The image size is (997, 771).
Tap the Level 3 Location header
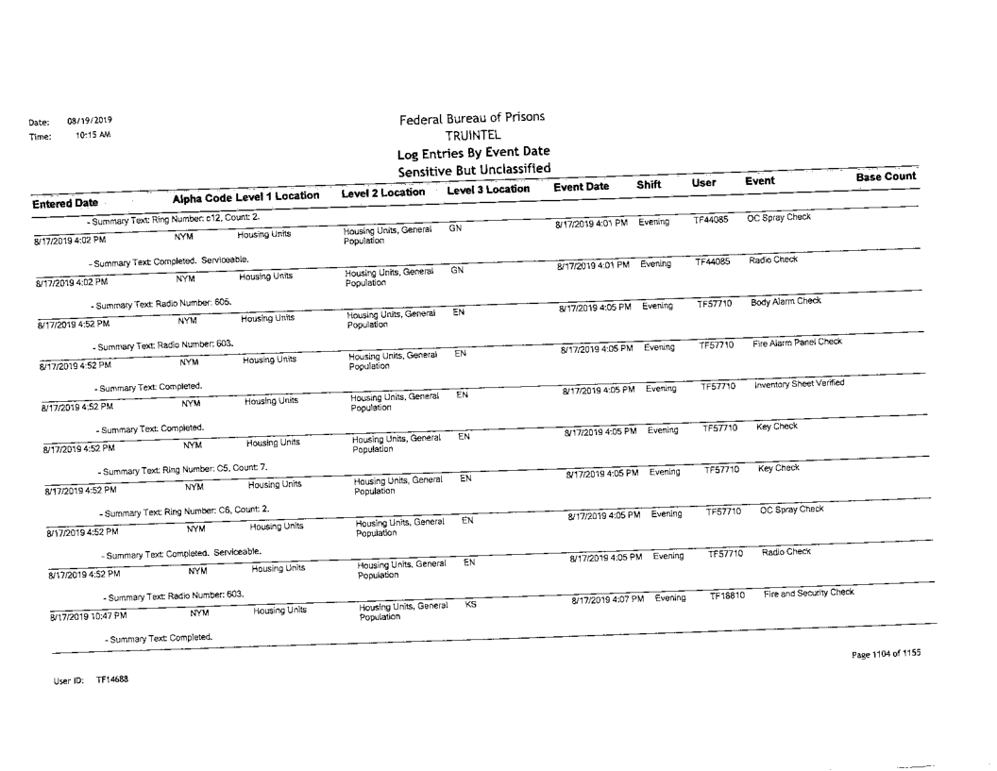point(488,191)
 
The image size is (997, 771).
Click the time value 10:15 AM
point(93,135)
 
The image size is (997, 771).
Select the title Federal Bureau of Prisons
point(471,119)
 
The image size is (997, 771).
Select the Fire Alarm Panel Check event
point(797,342)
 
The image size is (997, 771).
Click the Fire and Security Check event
point(809,592)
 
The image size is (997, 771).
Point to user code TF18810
point(728,596)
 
